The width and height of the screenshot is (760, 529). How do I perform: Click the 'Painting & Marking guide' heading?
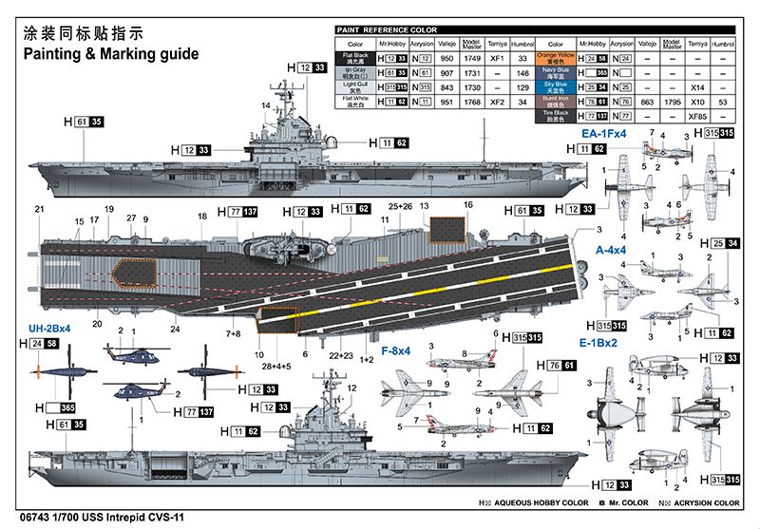pyautogui.click(x=111, y=54)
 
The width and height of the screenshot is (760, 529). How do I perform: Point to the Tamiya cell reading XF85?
pyautogui.click(x=698, y=115)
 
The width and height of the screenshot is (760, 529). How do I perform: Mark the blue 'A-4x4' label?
pyautogui.click(x=612, y=250)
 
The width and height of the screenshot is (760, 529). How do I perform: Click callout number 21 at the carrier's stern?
pyautogui.click(x=39, y=210)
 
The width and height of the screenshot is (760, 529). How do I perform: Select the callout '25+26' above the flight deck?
pyautogui.click(x=401, y=206)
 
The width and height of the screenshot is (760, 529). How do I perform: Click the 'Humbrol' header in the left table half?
pyautogui.click(x=522, y=44)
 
